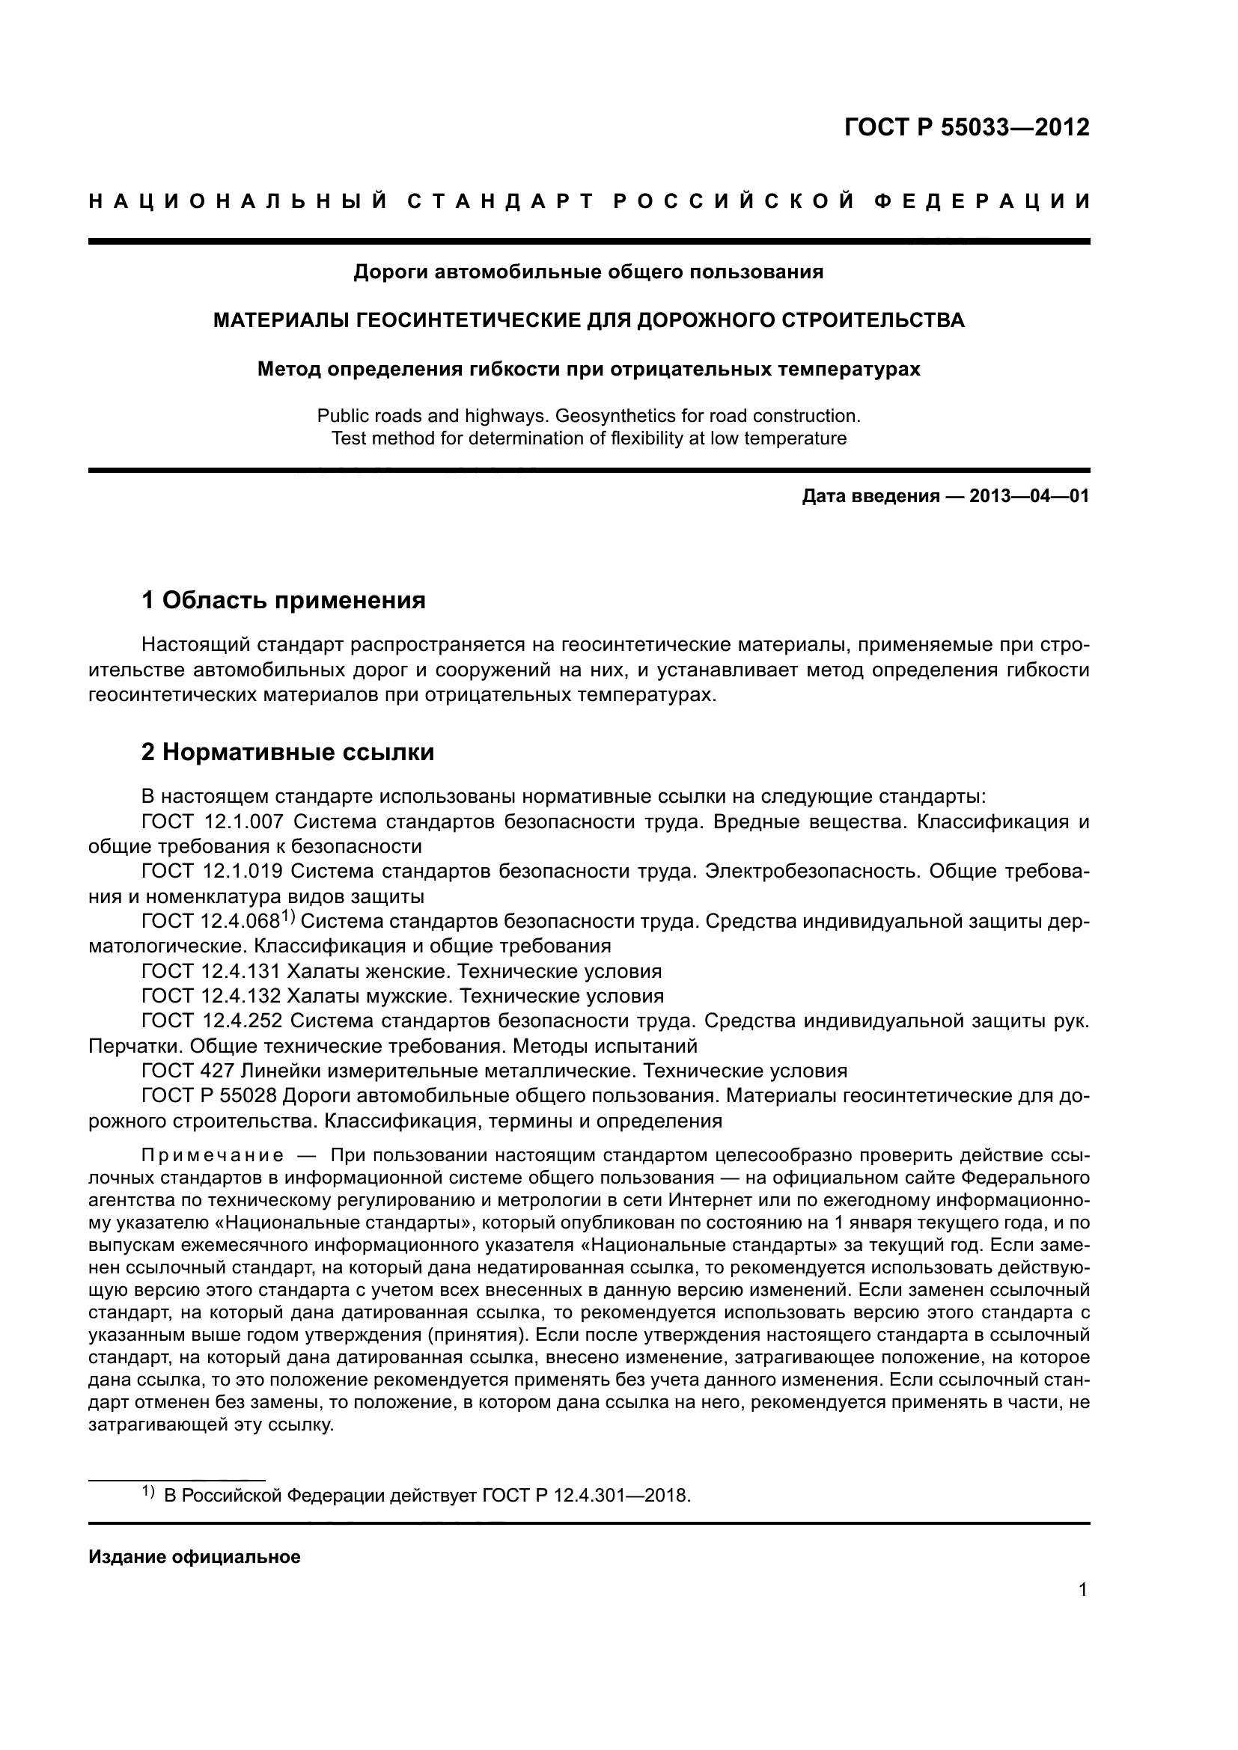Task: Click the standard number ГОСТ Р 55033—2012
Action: tap(966, 127)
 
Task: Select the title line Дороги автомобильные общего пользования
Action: tap(588, 272)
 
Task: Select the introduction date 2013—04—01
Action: tap(1029, 497)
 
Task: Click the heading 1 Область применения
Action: tap(284, 601)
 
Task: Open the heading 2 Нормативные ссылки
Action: tap(288, 752)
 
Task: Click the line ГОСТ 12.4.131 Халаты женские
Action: tap(401, 971)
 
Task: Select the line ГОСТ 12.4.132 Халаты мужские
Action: tap(403, 996)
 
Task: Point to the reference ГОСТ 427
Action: tap(183, 1071)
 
